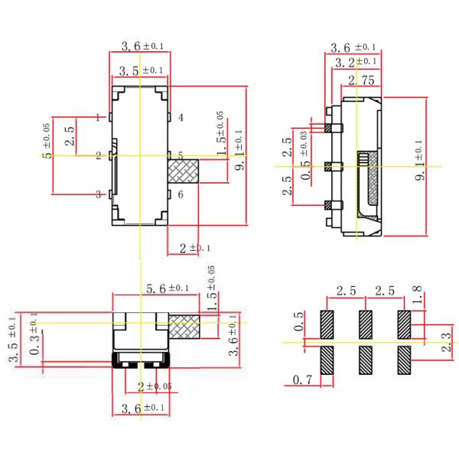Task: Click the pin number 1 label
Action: coord(99,117)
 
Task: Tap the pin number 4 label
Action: coord(181,118)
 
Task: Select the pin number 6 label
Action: coord(181,195)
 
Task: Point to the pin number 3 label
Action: coord(99,195)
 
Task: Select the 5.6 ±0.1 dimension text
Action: coord(167,288)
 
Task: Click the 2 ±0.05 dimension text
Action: coord(155,386)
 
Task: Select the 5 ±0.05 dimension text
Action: coord(47,142)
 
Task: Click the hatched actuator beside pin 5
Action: coord(183,171)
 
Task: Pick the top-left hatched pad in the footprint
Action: coord(327,324)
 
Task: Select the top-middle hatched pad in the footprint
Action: coord(365,324)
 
